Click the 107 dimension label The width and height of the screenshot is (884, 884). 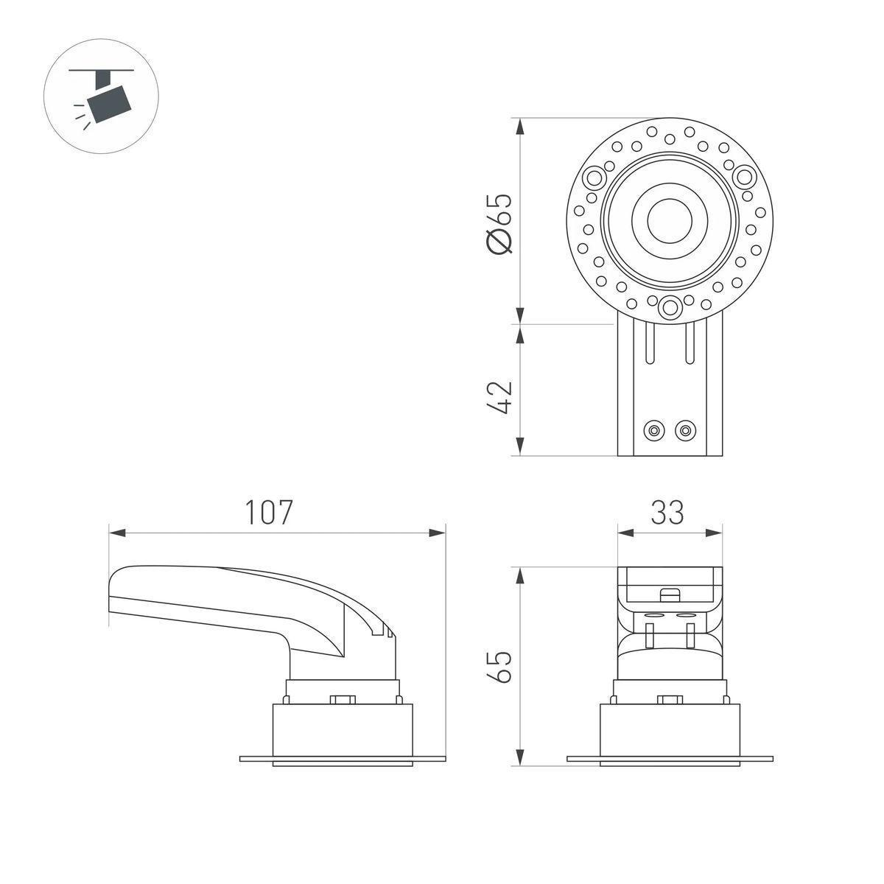[x=269, y=513]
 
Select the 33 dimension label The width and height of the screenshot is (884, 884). [x=667, y=513]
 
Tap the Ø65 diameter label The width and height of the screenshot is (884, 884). [x=499, y=223]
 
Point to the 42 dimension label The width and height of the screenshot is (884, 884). [x=499, y=397]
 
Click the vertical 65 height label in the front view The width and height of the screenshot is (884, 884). [x=499, y=667]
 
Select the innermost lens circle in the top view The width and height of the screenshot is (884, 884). [x=670, y=221]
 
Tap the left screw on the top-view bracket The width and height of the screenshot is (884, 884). [x=653, y=430]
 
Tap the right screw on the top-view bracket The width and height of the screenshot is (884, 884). [x=685, y=430]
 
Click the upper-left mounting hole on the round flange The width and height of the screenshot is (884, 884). [x=594, y=177]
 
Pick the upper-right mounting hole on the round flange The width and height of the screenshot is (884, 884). [x=744, y=177]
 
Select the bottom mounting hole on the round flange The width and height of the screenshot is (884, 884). [x=670, y=307]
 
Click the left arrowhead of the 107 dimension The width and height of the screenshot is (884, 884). [x=117, y=533]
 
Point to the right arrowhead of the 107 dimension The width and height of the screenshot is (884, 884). [x=437, y=533]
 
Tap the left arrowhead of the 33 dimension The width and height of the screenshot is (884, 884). [x=625, y=533]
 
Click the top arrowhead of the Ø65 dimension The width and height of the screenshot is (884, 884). [x=520, y=126]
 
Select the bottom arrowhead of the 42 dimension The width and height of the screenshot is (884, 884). [x=520, y=447]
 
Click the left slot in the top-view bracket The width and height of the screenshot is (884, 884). [x=650, y=343]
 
